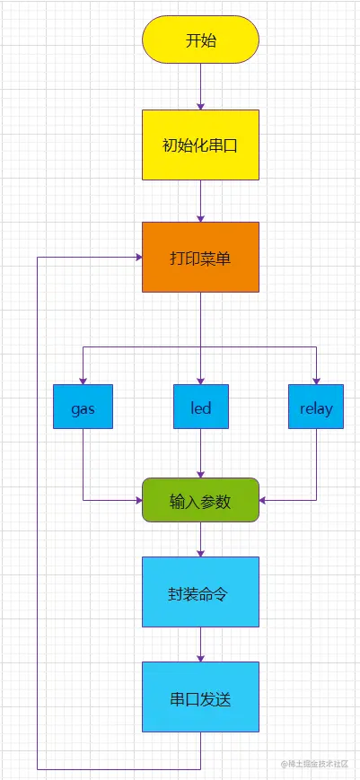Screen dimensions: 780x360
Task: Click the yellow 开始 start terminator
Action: (200, 40)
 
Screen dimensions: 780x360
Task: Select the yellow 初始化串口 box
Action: (200, 145)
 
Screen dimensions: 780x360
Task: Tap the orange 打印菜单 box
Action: (200, 258)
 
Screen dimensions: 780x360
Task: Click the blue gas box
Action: (83, 408)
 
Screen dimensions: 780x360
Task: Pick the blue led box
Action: (200, 408)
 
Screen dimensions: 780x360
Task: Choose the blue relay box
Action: (316, 408)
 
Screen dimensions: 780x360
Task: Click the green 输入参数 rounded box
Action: (200, 501)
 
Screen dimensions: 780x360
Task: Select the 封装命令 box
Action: (200, 592)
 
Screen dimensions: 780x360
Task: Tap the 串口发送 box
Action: (200, 698)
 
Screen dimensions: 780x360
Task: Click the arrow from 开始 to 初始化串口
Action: (200, 86)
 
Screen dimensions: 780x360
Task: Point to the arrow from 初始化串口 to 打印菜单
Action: (200, 200)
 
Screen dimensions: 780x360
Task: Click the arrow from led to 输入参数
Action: (200, 453)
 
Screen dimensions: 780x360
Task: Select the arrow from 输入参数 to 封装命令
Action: (200, 539)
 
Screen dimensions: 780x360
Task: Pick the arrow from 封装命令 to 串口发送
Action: (200, 644)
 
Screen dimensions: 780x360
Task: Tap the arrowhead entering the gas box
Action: (83, 380)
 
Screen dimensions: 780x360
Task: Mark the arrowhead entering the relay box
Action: (316, 380)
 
